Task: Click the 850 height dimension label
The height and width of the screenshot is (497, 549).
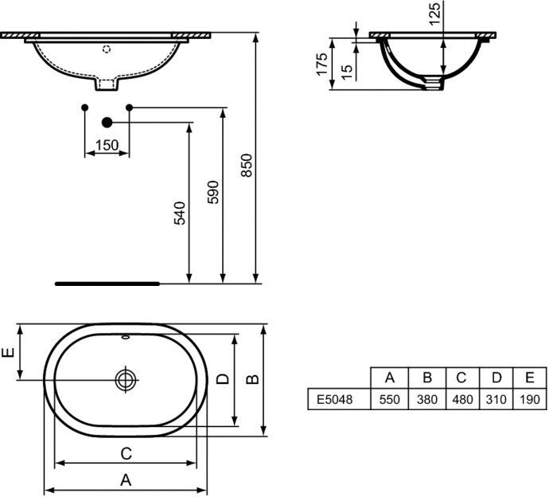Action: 247,166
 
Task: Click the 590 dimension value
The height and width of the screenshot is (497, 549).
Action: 213,192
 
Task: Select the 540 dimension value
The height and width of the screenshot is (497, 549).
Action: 180,213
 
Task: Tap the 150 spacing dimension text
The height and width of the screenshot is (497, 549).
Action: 107,145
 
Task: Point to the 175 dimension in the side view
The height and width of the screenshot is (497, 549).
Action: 321,64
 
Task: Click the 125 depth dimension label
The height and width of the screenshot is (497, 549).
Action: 434,14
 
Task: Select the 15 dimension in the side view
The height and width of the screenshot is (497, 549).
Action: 347,72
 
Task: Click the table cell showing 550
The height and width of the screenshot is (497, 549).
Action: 390,399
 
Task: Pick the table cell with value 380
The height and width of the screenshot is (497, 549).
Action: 427,399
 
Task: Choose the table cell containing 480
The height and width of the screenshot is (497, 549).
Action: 462,399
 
